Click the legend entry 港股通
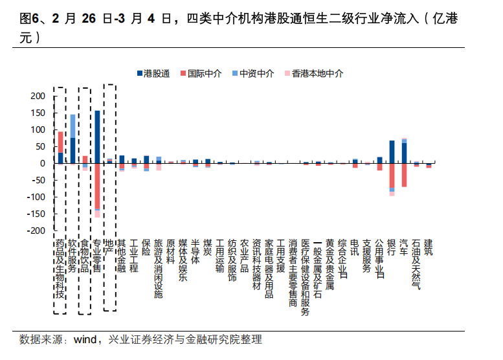(156, 74)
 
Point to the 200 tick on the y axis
(38, 96)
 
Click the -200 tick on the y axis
(36, 231)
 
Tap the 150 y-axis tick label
(38, 113)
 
